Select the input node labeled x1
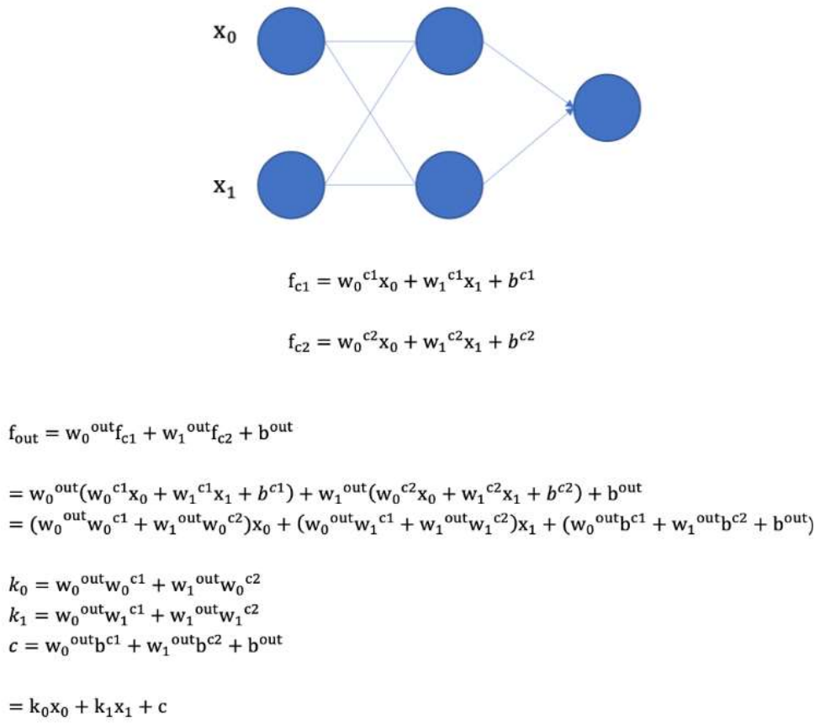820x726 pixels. pos(290,184)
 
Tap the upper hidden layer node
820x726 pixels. pos(449,41)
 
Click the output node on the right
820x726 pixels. pos(606,107)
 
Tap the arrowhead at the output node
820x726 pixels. pos(572,108)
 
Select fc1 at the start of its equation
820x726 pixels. pos(299,284)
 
